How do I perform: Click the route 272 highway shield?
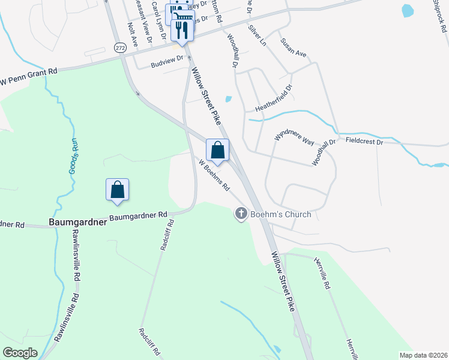[x=121, y=47]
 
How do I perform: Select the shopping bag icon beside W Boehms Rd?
[x=218, y=151]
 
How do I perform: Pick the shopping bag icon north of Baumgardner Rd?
[x=118, y=190]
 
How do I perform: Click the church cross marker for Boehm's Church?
[x=241, y=214]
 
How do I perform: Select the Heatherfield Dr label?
[x=273, y=99]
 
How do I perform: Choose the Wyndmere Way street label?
[x=295, y=137]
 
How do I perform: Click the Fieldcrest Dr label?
[x=364, y=141]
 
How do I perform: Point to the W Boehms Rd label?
[x=214, y=175]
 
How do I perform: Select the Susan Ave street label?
[x=293, y=48]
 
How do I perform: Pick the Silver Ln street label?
[x=256, y=34]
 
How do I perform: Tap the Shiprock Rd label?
[x=439, y=15]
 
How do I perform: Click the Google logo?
[x=21, y=353]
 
